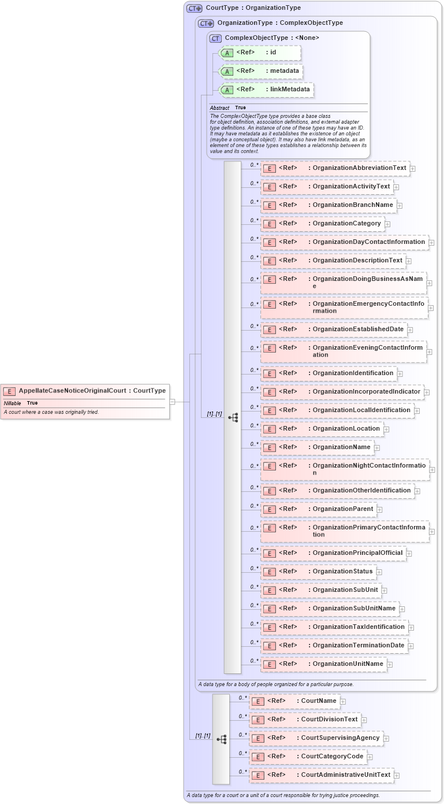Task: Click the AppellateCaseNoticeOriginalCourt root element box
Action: (85, 391)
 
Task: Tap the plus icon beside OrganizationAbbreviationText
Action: (413, 169)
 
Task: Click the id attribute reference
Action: (260, 53)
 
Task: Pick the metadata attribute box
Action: (262, 71)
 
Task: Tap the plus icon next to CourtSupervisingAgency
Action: (386, 739)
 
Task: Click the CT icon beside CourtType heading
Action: (195, 9)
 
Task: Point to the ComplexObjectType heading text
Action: (272, 38)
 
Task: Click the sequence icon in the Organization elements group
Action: (233, 417)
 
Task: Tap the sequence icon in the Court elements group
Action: (221, 739)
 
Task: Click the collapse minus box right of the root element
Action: (172, 401)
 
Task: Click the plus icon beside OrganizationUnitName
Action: (390, 665)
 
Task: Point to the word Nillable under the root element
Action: (13, 403)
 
